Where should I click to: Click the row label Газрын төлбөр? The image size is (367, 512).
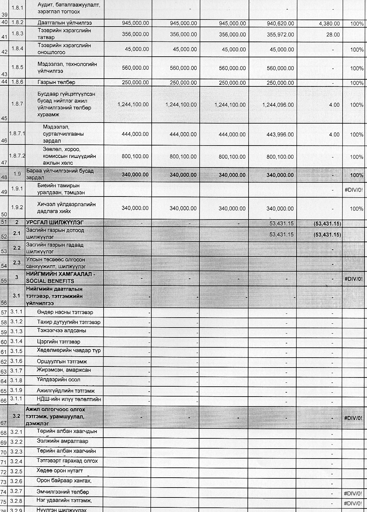point(56,82)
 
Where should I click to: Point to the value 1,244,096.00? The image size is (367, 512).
point(278,105)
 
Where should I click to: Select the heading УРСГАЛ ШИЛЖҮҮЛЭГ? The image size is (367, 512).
point(55,222)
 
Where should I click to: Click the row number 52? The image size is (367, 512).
point(4,237)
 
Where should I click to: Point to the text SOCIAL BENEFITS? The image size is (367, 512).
point(50,281)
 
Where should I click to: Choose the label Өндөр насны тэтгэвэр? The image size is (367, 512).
point(65,312)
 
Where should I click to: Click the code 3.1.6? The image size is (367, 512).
point(16,361)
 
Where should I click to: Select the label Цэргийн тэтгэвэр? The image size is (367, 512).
point(58,342)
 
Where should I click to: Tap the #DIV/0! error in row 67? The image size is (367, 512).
point(353,418)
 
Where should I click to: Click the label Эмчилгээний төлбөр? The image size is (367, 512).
point(63,492)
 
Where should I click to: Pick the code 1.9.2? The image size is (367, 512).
point(17,207)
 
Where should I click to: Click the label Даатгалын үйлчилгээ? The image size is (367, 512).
point(65,23)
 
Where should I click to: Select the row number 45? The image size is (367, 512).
point(4,119)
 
